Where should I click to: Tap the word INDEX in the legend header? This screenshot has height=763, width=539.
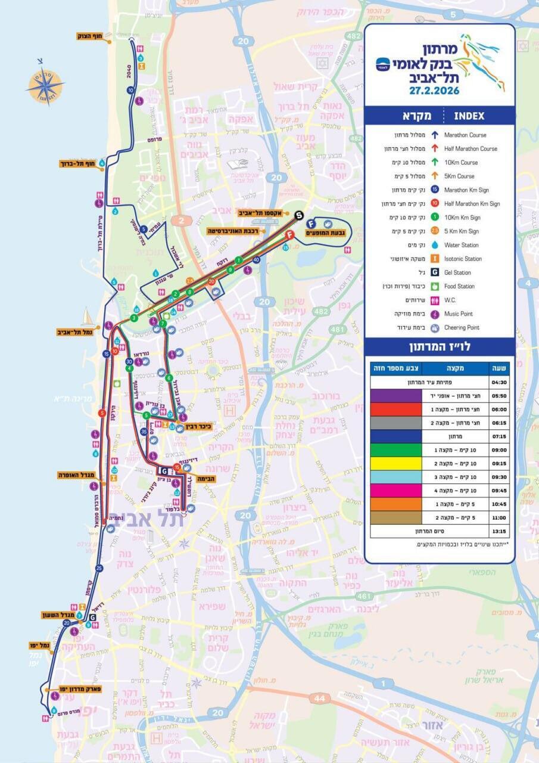469,116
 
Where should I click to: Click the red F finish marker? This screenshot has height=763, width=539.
291,235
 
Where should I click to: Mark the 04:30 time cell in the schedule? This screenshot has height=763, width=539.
499,382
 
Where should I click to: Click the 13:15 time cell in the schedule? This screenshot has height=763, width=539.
499,530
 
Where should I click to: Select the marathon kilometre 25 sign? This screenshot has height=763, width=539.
99,568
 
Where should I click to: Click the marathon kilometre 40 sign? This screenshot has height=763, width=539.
256,260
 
